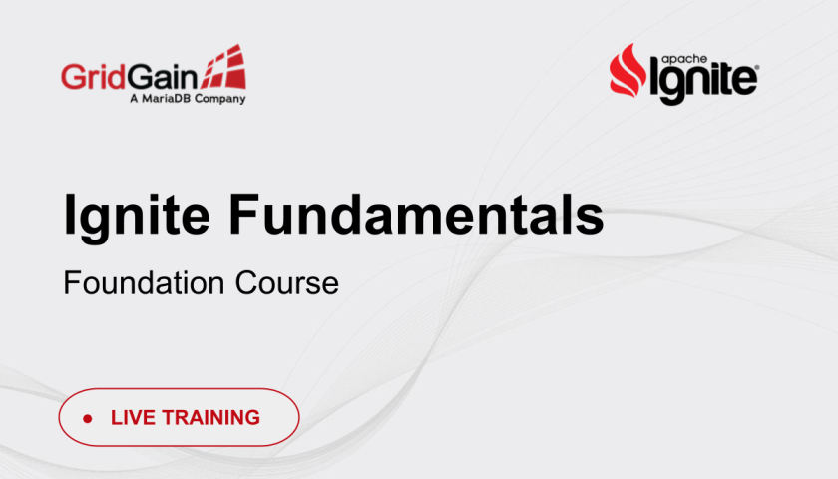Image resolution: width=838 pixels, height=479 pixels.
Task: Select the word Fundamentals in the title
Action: click(416, 214)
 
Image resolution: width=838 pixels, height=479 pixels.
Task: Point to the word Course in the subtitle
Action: click(287, 282)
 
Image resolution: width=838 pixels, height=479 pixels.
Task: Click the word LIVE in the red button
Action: click(133, 417)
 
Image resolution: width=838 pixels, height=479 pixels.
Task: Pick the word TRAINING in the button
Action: click(211, 417)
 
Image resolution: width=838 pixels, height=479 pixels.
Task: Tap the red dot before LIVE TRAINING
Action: click(88, 418)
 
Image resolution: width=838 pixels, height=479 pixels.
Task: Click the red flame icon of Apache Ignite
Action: click(628, 71)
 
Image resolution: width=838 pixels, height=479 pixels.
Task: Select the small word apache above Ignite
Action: click(684, 59)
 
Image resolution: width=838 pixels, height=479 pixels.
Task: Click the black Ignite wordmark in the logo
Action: click(703, 81)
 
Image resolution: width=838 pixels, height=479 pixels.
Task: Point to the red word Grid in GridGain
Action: click(94, 76)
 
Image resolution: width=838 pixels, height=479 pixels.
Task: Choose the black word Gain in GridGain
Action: click(163, 77)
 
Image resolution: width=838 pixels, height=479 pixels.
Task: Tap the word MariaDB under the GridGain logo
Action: click(166, 99)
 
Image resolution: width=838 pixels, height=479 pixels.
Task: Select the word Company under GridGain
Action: click(219, 99)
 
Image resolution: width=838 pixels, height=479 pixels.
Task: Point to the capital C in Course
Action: click(247, 282)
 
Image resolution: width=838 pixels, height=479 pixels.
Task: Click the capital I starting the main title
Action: click(69, 214)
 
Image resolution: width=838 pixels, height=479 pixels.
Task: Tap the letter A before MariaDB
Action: click(134, 99)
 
